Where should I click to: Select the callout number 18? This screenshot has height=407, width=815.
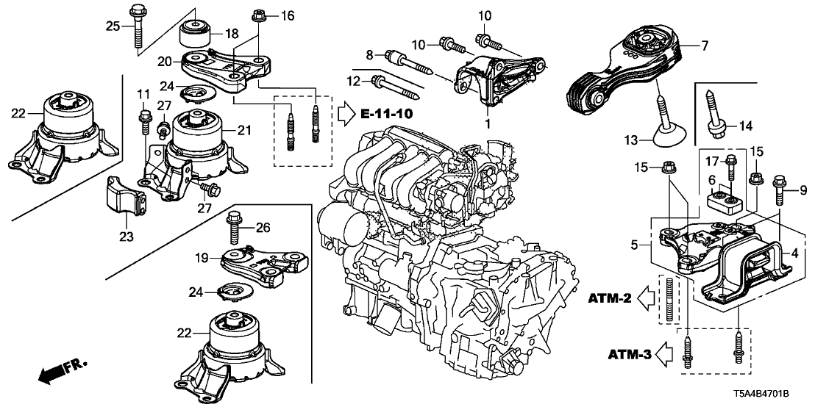tap(232, 35)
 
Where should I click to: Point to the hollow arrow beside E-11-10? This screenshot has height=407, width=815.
tap(346, 114)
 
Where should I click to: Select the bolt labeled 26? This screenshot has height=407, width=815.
tap(235, 228)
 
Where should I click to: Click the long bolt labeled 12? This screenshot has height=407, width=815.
tap(397, 87)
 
